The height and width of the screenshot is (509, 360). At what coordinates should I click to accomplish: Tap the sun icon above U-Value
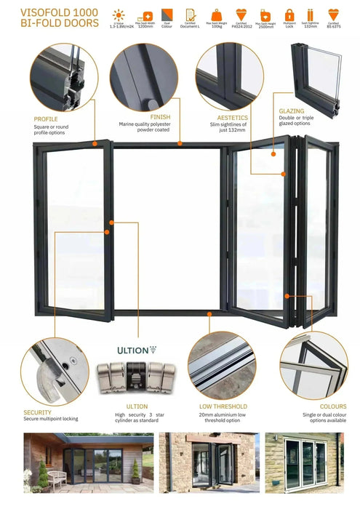click(x=117, y=15)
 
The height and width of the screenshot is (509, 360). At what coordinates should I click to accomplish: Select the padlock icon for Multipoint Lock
click(x=289, y=15)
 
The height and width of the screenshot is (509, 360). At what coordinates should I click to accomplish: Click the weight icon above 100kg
click(x=217, y=15)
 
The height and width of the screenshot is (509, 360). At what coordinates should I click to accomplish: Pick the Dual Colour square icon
click(x=167, y=15)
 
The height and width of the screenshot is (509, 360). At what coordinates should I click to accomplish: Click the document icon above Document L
click(x=190, y=15)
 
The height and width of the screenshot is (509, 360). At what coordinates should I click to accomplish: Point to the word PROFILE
click(x=47, y=119)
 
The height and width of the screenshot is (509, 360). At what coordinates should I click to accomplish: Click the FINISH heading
click(x=160, y=116)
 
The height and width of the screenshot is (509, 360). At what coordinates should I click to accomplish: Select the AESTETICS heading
click(x=233, y=117)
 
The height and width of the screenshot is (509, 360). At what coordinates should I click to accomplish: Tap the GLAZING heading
click(x=292, y=111)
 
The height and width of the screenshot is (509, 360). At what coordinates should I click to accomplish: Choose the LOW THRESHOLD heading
click(x=223, y=406)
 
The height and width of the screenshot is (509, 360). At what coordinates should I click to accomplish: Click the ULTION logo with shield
click(x=137, y=350)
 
